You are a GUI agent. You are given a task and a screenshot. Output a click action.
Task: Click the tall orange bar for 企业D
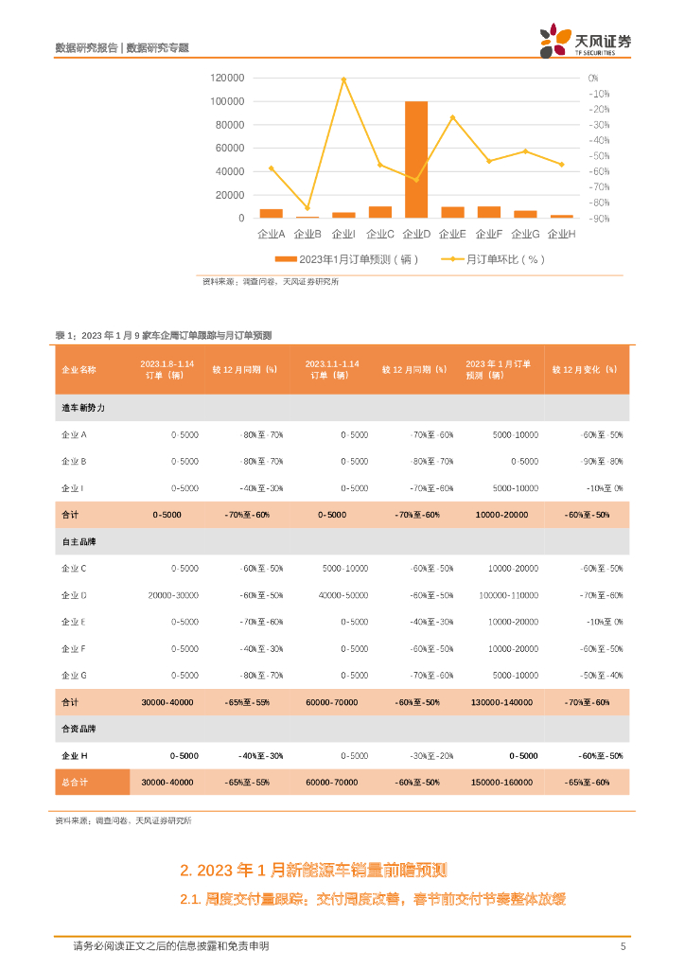click(416, 159)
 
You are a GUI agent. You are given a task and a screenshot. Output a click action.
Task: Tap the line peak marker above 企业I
click(343, 79)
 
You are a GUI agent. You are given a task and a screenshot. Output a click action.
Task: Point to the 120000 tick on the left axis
click(228, 78)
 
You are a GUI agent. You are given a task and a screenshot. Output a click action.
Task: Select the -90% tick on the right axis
click(599, 219)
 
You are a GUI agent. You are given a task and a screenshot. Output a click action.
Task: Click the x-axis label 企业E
click(453, 234)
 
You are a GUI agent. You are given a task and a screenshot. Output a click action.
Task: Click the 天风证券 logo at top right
click(585, 41)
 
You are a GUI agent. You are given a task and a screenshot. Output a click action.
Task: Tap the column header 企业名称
click(79, 369)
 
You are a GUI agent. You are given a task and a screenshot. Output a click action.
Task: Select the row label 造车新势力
click(83, 408)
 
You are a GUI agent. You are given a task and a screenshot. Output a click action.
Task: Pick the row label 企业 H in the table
click(75, 756)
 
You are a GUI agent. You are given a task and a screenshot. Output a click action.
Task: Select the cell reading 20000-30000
click(173, 595)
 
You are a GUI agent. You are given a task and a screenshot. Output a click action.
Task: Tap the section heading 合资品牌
click(79, 730)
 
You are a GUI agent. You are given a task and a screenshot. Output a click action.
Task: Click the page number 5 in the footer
click(623, 946)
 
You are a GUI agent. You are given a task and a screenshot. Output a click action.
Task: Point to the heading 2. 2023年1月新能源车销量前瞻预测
click(313, 871)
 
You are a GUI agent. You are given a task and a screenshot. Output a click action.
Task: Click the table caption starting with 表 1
click(164, 335)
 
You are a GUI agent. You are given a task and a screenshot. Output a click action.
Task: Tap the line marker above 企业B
click(307, 208)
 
